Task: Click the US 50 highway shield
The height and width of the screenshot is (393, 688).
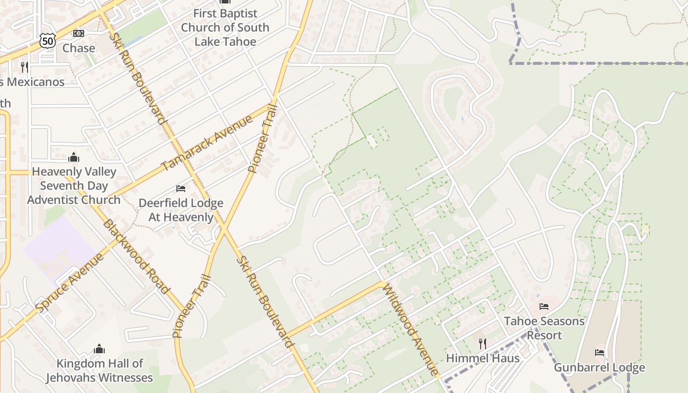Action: point(48,41)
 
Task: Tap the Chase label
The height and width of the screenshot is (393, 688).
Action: point(79,48)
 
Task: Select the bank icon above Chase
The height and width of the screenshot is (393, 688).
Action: point(78,33)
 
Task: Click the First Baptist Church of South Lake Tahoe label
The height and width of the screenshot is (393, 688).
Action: point(225,28)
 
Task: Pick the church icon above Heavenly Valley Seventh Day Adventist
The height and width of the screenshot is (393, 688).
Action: point(74,157)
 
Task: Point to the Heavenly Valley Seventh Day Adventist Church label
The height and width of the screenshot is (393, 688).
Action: point(74,186)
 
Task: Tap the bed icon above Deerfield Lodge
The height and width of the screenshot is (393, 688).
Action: point(181,189)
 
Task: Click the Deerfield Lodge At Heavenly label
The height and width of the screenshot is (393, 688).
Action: point(181,210)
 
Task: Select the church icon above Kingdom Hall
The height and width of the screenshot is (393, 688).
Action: point(99,349)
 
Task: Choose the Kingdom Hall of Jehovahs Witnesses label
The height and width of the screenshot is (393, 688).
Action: point(99,370)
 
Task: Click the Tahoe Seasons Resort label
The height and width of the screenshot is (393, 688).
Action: point(544,328)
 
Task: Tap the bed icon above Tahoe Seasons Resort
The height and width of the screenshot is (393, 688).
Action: point(544,307)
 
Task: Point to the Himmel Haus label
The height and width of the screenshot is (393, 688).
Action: point(483,358)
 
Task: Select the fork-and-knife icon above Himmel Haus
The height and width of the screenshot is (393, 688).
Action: point(483,343)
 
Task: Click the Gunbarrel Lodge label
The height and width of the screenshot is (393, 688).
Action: point(600,367)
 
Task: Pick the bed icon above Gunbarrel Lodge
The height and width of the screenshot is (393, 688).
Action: point(600,352)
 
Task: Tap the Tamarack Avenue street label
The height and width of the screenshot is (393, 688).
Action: point(207,142)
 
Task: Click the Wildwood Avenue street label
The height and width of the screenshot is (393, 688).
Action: point(410,329)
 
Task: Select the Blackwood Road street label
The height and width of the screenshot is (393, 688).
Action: point(136,257)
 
